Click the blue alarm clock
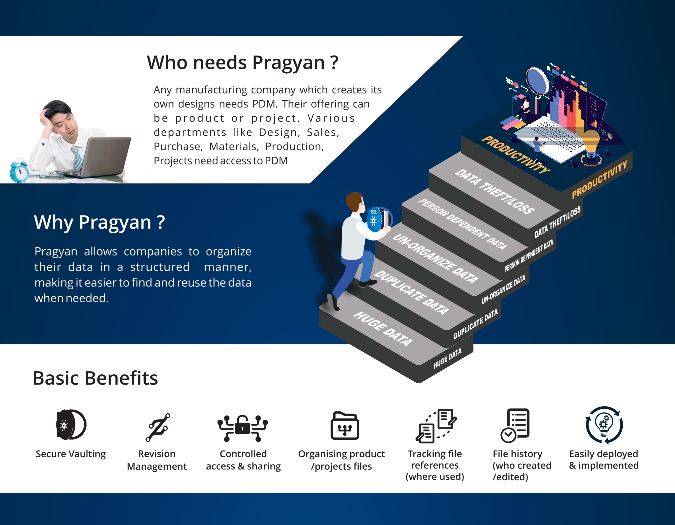click(19, 171)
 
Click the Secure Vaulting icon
click(71, 424)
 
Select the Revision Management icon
click(158, 427)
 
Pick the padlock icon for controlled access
click(243, 428)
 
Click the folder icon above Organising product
click(345, 425)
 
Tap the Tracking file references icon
click(436, 426)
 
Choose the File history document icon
click(515, 425)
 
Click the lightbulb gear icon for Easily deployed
click(604, 425)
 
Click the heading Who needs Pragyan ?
click(242, 63)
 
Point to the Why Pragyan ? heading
click(99, 222)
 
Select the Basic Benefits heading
click(95, 378)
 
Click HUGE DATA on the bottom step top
click(383, 328)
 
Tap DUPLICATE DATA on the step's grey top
click(411, 292)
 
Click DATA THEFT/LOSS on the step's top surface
click(495, 191)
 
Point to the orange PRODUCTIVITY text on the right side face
click(600, 179)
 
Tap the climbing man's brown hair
click(354, 201)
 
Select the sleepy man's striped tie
click(77, 157)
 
